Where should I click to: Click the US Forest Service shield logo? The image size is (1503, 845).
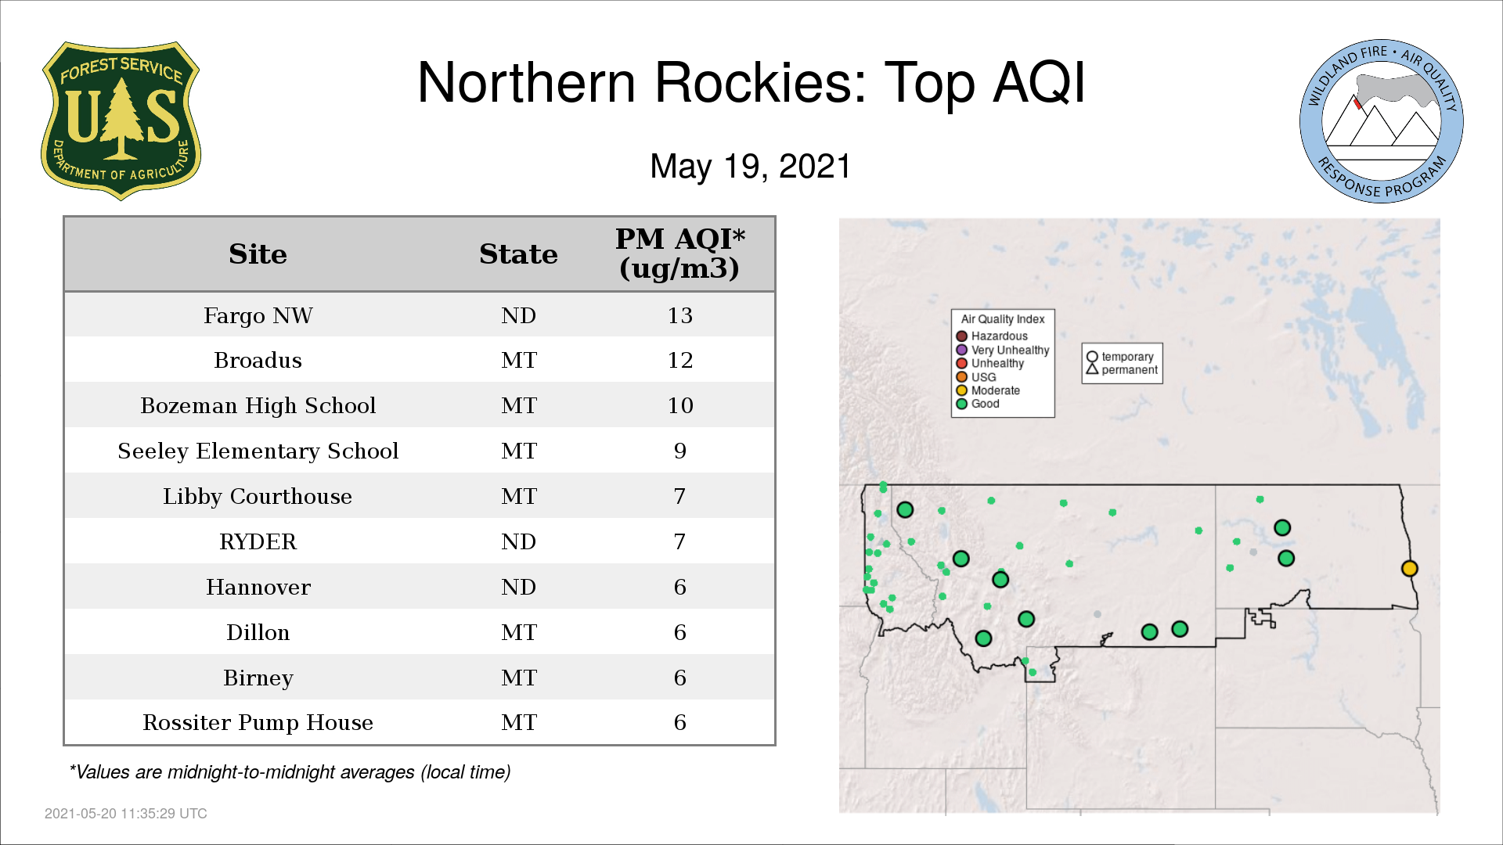(121, 121)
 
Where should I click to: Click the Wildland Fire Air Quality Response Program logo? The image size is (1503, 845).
(1382, 121)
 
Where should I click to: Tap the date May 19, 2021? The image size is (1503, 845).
(750, 167)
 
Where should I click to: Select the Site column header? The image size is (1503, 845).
(258, 254)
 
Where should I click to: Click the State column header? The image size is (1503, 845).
(518, 254)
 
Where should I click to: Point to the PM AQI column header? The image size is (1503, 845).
(679, 253)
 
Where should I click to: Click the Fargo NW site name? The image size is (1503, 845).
(258, 315)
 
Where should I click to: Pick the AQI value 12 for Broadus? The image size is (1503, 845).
(680, 360)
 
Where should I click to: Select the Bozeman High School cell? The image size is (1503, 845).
(258, 405)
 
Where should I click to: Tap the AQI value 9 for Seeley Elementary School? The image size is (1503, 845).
(680, 451)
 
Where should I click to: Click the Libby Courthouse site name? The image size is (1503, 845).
(258, 496)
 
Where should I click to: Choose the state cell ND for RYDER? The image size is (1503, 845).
(518, 541)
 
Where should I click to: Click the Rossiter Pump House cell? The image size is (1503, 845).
(258, 722)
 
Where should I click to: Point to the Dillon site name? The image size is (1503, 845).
(258, 632)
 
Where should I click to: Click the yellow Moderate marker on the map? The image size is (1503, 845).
(1409, 569)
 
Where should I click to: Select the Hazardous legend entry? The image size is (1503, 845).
(992, 336)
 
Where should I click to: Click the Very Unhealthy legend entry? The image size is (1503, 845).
(1003, 350)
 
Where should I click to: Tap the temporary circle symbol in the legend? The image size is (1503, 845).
(1092, 357)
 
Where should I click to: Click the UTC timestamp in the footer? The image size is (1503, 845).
(126, 814)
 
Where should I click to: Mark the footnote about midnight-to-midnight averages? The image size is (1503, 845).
(290, 772)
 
